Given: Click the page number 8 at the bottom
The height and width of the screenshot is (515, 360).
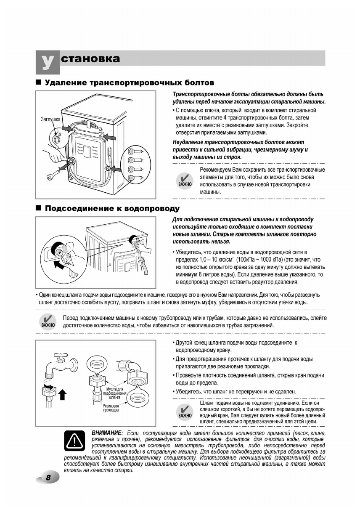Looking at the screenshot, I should (48, 477).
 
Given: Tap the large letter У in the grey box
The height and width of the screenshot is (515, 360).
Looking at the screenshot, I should (47, 61).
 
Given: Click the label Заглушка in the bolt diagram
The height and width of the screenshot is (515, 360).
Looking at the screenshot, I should (50, 119).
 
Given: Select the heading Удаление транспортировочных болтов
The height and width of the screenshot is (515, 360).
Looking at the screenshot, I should (130, 82).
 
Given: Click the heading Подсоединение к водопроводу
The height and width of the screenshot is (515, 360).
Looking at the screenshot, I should (112, 208).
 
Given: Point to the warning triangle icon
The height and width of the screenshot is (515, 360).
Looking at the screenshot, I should (73, 441).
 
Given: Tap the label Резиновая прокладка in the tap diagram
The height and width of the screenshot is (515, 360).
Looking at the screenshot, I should (111, 407).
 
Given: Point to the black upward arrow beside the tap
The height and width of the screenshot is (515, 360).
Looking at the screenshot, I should (63, 394).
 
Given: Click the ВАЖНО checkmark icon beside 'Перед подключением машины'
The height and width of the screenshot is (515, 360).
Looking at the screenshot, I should (48, 321).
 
